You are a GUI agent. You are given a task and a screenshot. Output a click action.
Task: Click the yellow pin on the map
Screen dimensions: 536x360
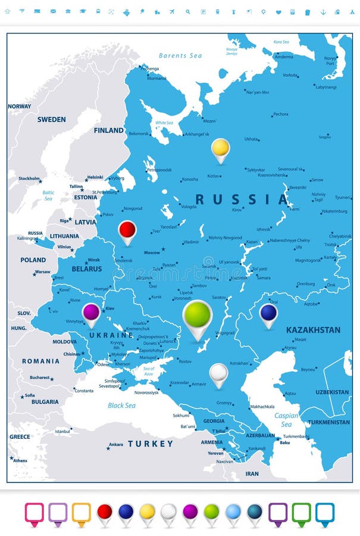click(x=220, y=148)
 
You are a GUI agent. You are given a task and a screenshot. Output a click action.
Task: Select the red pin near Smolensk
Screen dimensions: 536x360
click(x=127, y=230)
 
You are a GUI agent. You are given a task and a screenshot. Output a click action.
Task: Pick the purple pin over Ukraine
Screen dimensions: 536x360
click(x=91, y=312)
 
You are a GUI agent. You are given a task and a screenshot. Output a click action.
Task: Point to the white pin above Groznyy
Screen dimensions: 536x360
click(x=219, y=373)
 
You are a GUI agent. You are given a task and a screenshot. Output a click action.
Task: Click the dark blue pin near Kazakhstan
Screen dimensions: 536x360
click(x=268, y=313)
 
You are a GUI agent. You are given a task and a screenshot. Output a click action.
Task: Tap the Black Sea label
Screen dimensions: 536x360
click(x=121, y=406)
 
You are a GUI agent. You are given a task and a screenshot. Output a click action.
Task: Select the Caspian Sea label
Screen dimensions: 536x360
click(x=286, y=420)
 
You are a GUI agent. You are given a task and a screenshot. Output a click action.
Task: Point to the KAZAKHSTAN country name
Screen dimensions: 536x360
click(x=313, y=330)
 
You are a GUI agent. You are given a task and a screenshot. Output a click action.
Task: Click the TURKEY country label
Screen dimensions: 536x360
click(x=150, y=444)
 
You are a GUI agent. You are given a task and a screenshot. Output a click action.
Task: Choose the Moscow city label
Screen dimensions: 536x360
click(x=152, y=253)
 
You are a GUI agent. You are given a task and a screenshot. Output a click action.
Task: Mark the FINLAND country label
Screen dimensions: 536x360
click(x=108, y=130)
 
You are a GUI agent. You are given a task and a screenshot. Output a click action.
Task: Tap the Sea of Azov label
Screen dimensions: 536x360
click(x=149, y=372)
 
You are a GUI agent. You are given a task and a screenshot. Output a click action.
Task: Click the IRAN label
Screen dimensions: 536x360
click(x=252, y=474)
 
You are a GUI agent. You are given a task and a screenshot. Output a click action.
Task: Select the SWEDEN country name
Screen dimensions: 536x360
click(x=51, y=120)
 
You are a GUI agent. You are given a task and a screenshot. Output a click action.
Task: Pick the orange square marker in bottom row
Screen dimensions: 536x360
click(x=82, y=512)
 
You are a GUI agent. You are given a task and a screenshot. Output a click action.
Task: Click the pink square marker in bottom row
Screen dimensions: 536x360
click(x=35, y=512)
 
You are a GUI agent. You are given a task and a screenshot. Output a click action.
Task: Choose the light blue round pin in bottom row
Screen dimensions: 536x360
click(x=233, y=512)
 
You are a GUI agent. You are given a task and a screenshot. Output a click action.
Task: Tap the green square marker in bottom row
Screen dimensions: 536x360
click(x=301, y=512)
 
